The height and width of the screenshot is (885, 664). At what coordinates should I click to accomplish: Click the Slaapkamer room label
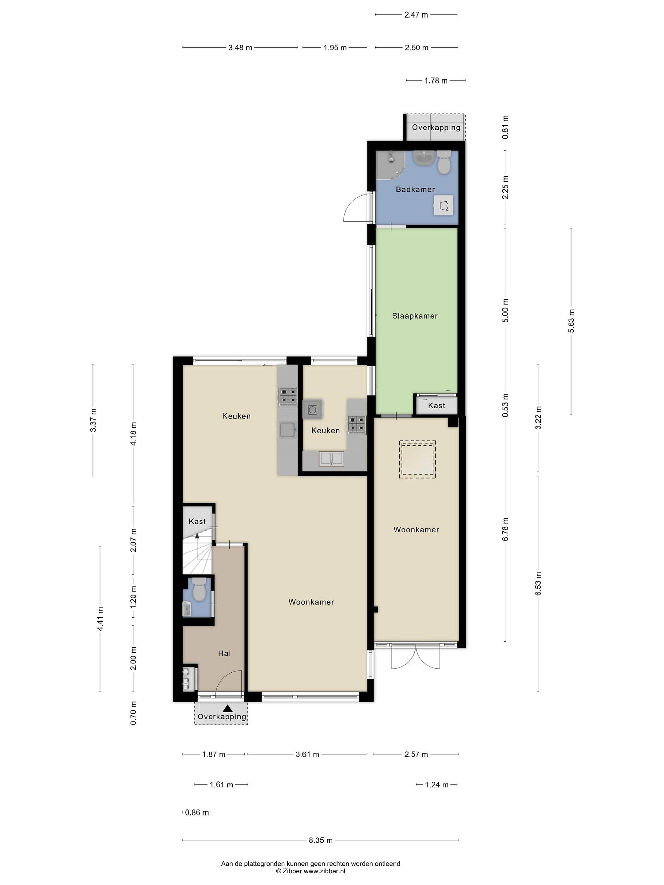tap(415, 316)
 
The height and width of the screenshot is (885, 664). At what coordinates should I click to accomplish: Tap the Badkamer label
tap(415, 189)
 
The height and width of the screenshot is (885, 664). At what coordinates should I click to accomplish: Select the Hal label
tap(224, 653)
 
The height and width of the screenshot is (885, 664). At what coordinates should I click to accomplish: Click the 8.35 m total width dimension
tap(321, 840)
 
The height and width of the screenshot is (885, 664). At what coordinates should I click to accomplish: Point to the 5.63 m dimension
tap(571, 321)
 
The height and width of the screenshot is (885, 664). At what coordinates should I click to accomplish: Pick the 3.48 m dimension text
tap(240, 48)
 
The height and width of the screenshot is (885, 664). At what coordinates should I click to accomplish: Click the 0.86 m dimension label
tap(197, 812)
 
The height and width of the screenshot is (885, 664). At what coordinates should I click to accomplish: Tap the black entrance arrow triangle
tap(227, 708)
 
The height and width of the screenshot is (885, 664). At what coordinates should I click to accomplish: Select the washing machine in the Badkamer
tap(444, 206)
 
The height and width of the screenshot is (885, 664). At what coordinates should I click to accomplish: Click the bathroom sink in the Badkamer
tap(422, 158)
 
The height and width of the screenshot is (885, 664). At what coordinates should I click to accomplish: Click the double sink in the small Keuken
tap(331, 458)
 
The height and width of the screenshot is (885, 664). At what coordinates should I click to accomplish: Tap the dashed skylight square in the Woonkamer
tap(417, 459)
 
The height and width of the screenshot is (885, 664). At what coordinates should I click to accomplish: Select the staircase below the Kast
tap(197, 553)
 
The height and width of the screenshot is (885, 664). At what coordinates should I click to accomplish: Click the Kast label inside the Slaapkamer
tap(436, 406)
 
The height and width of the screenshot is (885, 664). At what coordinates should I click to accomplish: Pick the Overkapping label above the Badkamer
tap(436, 128)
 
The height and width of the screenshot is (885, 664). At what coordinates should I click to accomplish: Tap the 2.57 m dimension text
tap(416, 755)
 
